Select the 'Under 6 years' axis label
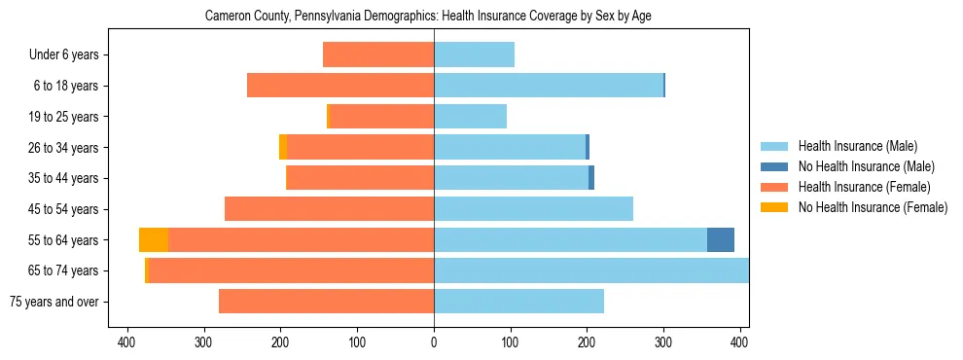tap(63, 55)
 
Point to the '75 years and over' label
tap(54, 302)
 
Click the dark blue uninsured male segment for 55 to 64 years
tap(721, 239)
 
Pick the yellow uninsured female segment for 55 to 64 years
tap(154, 239)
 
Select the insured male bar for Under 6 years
tap(474, 55)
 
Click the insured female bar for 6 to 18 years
tap(340, 86)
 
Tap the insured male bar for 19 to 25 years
tap(470, 117)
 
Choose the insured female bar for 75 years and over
tap(326, 302)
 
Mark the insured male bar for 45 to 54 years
tap(533, 209)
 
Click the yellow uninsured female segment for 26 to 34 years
tap(283, 147)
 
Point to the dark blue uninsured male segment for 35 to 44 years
tap(591, 178)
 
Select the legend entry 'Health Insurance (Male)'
tap(857, 146)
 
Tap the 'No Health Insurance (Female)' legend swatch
tap(774, 207)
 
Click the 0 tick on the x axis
tap(434, 342)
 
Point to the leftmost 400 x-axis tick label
tap(126, 342)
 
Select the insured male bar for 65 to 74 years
tap(591, 270)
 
